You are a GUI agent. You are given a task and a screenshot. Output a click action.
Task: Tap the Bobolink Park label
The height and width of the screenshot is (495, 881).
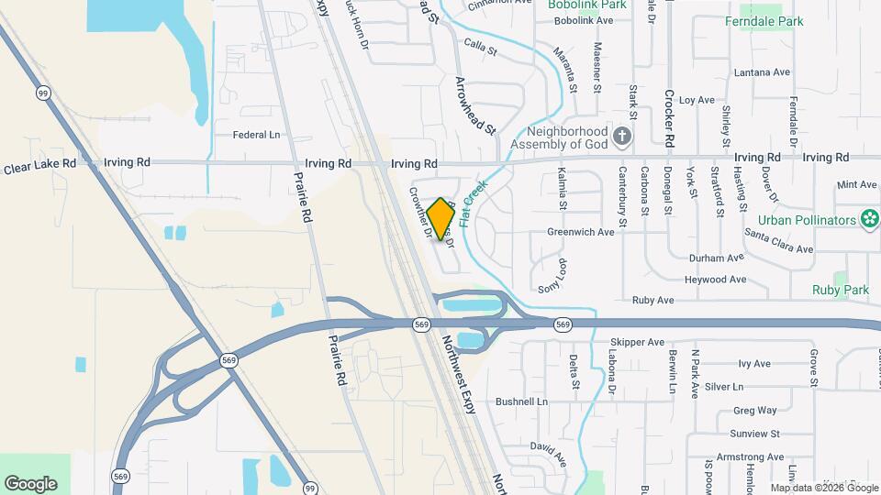click(x=587, y=5)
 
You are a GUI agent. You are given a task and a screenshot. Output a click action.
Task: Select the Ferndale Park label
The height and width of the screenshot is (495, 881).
click(x=764, y=21)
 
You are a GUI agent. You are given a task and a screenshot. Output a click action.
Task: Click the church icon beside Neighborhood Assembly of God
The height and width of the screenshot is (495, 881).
click(x=623, y=137)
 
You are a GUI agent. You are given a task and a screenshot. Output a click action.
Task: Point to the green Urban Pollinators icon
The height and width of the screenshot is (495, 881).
click(x=868, y=219)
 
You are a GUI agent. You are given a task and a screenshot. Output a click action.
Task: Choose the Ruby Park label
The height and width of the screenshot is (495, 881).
click(x=840, y=290)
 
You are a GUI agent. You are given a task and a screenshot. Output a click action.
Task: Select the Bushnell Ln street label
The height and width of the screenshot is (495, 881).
click(x=521, y=401)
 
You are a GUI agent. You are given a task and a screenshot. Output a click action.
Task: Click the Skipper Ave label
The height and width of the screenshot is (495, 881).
click(x=637, y=342)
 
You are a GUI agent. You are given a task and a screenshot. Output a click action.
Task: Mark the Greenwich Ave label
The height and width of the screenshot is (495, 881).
click(x=580, y=233)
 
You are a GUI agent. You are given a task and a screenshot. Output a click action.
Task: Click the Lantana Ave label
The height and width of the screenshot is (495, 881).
click(x=762, y=72)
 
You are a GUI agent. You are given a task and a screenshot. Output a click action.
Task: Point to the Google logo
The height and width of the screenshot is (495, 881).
click(x=30, y=484)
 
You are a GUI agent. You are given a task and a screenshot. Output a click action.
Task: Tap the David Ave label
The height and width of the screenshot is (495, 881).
click(x=549, y=446)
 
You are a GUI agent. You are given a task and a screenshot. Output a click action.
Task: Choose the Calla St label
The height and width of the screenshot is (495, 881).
click(x=480, y=45)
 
